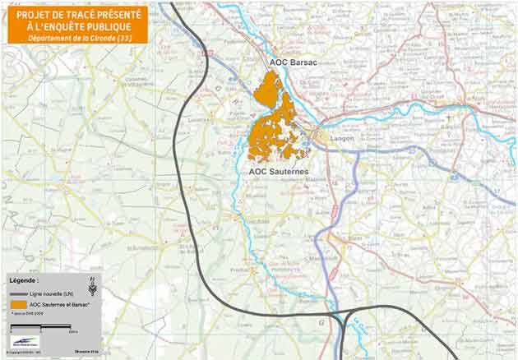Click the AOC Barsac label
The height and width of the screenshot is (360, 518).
coord(293,62)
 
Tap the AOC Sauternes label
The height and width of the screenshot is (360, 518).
coord(279,171)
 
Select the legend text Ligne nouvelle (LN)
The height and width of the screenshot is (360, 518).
coord(62,293)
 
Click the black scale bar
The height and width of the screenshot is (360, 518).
coord(39,327)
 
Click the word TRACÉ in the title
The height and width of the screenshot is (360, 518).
coord(72,14)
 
